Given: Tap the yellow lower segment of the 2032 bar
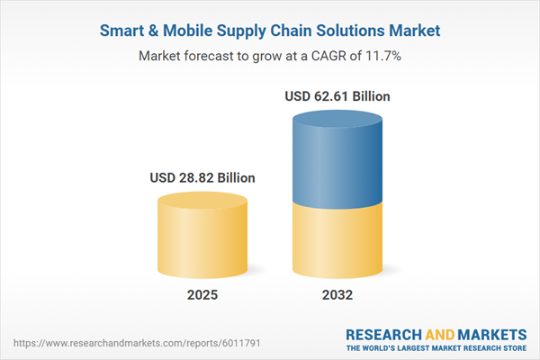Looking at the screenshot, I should [337, 238].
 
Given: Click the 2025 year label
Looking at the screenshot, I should [202, 295].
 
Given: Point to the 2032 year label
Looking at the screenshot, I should [337, 295].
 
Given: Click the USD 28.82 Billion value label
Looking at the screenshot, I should [202, 178].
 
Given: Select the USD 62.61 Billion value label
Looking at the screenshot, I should [337, 96].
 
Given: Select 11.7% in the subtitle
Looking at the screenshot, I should [383, 56].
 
